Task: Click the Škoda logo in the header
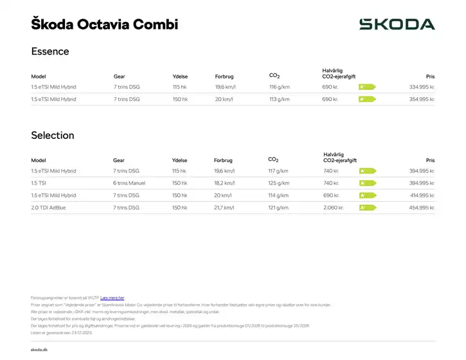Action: [x=397, y=24]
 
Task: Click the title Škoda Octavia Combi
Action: [x=104, y=24]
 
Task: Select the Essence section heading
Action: [x=50, y=51]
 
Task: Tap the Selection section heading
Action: [x=53, y=136]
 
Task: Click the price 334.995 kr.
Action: [x=422, y=87]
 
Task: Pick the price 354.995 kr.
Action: [x=422, y=99]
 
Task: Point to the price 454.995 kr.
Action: [x=422, y=208]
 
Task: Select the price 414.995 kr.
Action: [x=422, y=195]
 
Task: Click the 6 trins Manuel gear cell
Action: [x=129, y=183]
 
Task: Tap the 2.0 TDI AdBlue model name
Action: [x=49, y=208]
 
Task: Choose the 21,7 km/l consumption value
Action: [x=224, y=208]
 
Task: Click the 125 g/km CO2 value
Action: [x=278, y=183]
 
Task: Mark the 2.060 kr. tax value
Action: [x=335, y=208]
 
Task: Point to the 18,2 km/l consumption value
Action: [x=224, y=183]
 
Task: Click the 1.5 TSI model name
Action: [x=39, y=183]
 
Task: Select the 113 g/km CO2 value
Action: [x=280, y=99]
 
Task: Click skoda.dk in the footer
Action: [x=39, y=349]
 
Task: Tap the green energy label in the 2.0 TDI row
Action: [x=367, y=208]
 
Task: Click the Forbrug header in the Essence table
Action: [x=224, y=76]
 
